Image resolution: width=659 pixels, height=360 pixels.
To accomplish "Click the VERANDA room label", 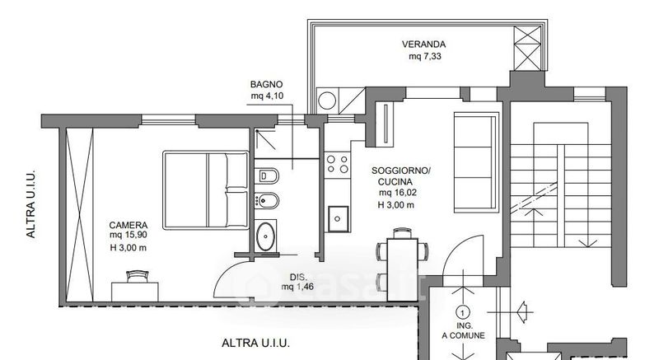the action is pos(423,44).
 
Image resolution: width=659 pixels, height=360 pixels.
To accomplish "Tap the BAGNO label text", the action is pos(266,84).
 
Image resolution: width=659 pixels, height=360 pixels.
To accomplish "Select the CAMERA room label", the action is pos(129,225).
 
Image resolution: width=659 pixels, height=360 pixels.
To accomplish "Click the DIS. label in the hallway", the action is pos(298,277).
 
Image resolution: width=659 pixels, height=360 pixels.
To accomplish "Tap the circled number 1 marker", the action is pos(463,312).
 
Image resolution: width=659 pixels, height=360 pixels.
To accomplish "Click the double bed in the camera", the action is pos(206,190).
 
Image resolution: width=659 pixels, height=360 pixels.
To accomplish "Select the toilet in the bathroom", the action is pos(266,175).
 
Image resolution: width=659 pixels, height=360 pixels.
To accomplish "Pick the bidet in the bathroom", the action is pos(266,201).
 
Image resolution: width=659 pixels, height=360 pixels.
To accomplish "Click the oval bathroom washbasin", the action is pos(265,236).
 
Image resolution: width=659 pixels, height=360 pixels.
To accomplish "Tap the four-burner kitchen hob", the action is pos(338,164).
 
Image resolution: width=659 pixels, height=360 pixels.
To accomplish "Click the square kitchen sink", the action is pos(338,218).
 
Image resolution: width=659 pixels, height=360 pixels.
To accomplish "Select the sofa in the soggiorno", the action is pos(475,161).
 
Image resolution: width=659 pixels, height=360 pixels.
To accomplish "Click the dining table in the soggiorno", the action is pos(403,269).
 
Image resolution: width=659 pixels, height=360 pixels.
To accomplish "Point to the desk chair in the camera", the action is pos(138,277).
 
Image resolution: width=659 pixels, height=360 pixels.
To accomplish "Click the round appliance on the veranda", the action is pos(326,101).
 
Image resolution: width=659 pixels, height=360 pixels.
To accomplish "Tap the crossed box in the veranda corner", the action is pos(527,49).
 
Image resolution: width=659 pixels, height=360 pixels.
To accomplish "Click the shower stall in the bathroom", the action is pos(265,141).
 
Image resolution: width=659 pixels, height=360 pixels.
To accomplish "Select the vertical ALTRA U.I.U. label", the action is pos(31,204).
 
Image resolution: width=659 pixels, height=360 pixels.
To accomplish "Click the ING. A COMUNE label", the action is pos(463,330).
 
